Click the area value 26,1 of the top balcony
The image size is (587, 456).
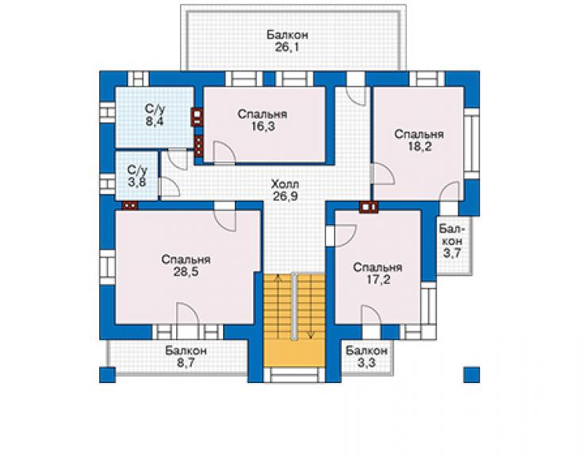pos(287,48)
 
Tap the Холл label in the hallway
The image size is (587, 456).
pos(285,184)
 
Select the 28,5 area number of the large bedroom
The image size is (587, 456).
pos(186,272)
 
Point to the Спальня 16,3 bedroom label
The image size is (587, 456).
pos(263,120)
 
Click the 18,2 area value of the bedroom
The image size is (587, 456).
pos(420,147)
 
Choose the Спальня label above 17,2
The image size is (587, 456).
pos(378,267)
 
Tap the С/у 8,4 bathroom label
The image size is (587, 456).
pos(155,115)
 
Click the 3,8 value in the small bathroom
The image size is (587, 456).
pos(137,182)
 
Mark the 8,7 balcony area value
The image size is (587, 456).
pos(186,362)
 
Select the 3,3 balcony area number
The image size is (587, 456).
pos(366,362)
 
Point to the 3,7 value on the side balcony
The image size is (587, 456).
pos(452,253)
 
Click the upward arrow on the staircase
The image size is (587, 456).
pos(278,306)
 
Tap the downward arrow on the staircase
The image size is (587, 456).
pos(311,307)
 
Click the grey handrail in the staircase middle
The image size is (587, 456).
pos(294,307)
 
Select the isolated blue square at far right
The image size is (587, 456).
pos(472,375)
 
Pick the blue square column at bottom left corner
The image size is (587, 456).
pos(107,375)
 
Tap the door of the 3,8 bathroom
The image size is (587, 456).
pos(170,186)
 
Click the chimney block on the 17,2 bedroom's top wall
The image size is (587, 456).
pos(369,207)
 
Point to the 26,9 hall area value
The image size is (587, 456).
pos(285,196)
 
